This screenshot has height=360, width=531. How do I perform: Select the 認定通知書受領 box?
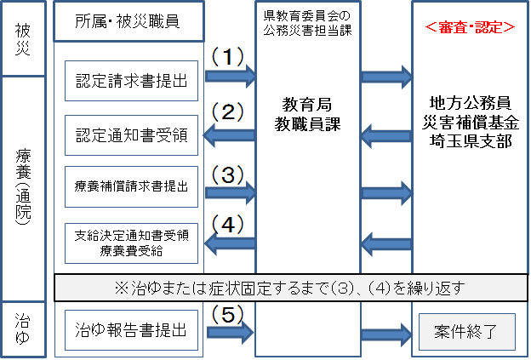(x=131, y=134)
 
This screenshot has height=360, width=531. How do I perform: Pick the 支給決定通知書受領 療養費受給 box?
(x=131, y=243)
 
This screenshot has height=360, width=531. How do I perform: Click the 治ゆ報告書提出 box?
(x=131, y=328)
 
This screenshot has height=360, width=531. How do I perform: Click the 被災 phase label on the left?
(x=23, y=37)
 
